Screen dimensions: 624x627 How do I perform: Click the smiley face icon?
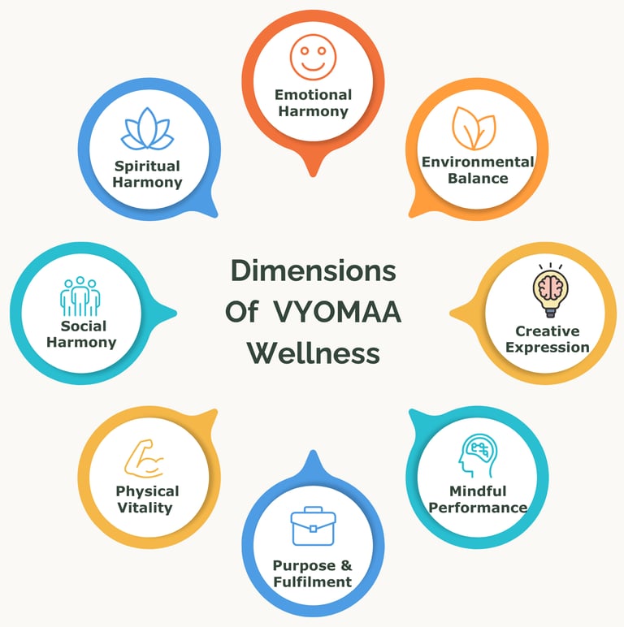(313, 56)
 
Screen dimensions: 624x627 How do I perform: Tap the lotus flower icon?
(147, 130)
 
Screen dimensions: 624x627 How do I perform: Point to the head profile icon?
(477, 456)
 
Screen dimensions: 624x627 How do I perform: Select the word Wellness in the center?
(313, 353)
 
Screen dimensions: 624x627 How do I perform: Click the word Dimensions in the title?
(313, 270)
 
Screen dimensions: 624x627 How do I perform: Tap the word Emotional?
(313, 94)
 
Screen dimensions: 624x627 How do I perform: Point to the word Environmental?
(478, 162)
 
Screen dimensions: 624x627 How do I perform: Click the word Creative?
(547, 331)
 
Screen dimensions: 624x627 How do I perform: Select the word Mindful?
(478, 491)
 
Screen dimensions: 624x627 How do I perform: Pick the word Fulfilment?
(313, 581)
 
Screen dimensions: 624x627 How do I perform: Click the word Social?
(83, 326)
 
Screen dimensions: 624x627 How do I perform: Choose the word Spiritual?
(147, 166)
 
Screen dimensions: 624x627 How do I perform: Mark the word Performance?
(478, 508)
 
